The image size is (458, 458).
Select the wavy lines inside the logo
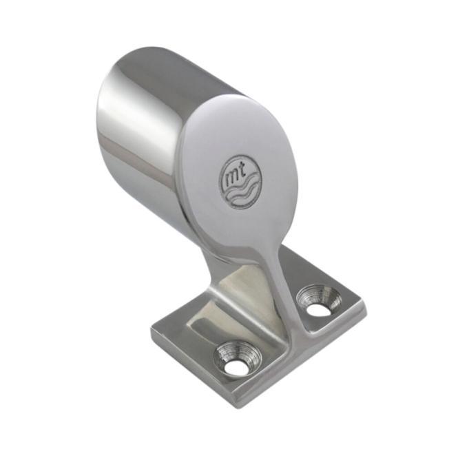(242, 187)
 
